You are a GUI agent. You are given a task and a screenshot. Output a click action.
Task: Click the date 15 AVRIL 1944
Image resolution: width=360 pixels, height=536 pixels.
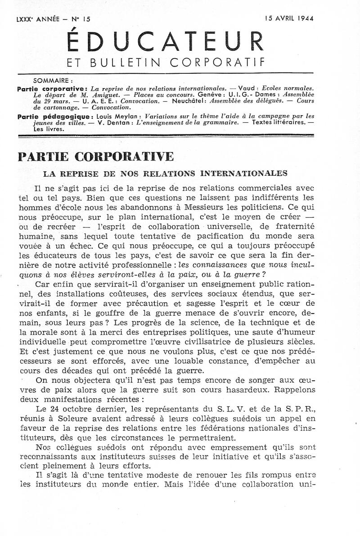pos(289,18)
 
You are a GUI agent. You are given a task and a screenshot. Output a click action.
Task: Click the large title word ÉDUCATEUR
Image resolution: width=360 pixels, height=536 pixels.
pos(165,42)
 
